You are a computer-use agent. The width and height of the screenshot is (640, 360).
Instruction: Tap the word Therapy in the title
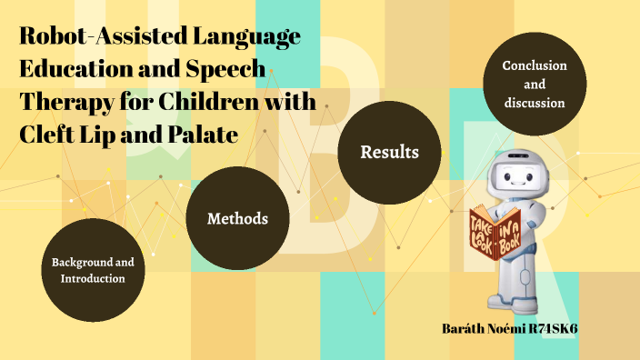[59, 103]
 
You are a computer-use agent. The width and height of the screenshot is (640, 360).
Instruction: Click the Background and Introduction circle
[93, 270]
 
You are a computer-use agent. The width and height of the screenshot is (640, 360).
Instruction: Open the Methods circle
[237, 219]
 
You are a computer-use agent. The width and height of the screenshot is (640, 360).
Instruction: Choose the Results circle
[389, 152]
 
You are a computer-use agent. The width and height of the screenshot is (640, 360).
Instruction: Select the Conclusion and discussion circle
[535, 85]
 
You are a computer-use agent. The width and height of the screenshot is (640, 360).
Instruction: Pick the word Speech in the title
[232, 70]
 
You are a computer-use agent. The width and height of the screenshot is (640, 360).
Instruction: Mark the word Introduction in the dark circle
[93, 278]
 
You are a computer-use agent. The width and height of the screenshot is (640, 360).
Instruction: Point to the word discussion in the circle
[535, 103]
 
